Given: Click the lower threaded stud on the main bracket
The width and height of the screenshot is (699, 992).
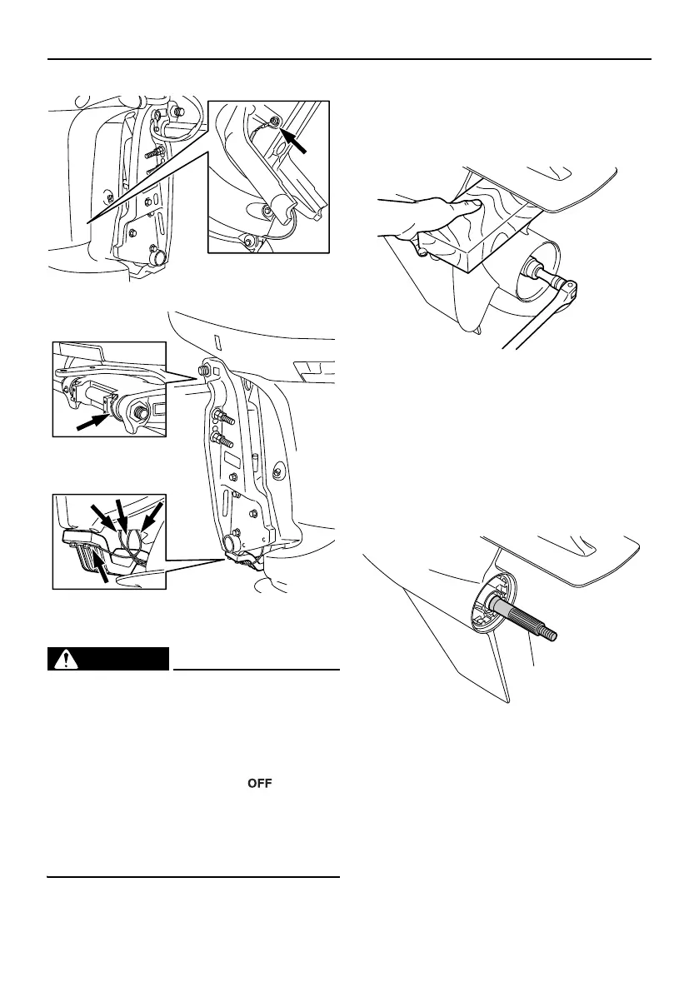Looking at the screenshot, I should pos(220,439).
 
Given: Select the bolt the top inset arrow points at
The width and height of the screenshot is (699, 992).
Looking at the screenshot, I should pos(276,124).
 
